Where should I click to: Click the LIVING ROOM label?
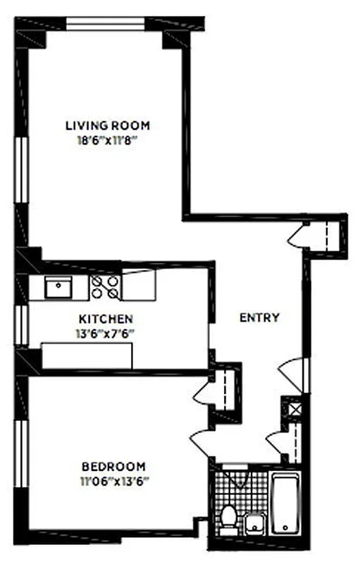pyautogui.click(x=107, y=125)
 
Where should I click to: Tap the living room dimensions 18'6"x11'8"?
pyautogui.click(x=107, y=140)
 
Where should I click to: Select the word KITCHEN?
pyautogui.click(x=106, y=319)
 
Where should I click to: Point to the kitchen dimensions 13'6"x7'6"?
pyautogui.click(x=106, y=333)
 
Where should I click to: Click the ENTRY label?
pyautogui.click(x=259, y=317)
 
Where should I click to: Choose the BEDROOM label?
pyautogui.click(x=113, y=466)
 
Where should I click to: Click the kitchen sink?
pyautogui.click(x=56, y=286)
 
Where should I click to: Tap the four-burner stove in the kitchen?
pyautogui.click(x=106, y=286)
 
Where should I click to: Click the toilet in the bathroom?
pyautogui.click(x=228, y=519)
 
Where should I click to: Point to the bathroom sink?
pyautogui.click(x=254, y=524)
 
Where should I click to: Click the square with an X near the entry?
pyautogui.click(x=292, y=408)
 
